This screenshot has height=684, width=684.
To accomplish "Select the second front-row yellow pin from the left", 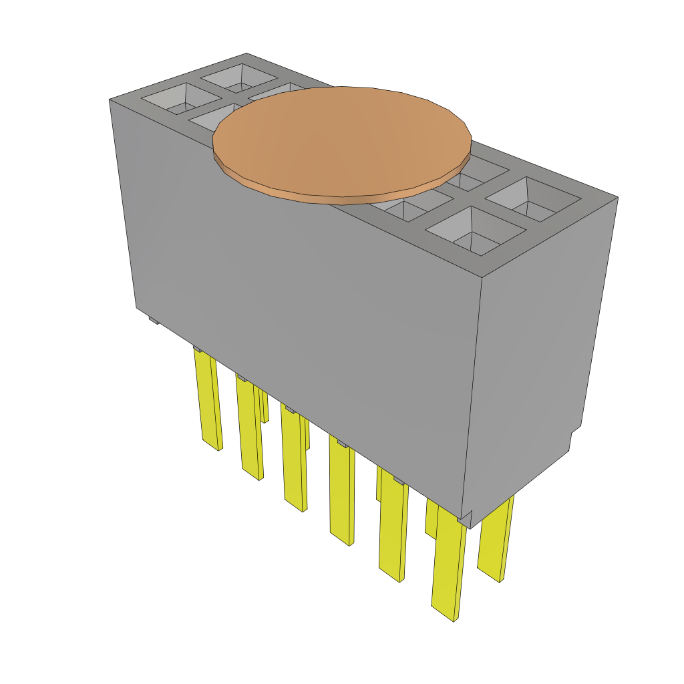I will pyautogui.click(x=248, y=427).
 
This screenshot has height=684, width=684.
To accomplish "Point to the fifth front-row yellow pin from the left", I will pyautogui.click(x=393, y=531).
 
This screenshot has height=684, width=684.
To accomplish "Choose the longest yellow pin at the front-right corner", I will pyautogui.click(x=448, y=568).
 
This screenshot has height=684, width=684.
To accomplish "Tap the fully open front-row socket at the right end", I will pyautogui.click(x=474, y=230).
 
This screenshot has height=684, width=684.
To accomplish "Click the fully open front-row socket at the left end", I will pyautogui.click(x=172, y=99).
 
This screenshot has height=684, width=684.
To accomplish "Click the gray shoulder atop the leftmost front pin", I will pyautogui.click(x=198, y=349).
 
